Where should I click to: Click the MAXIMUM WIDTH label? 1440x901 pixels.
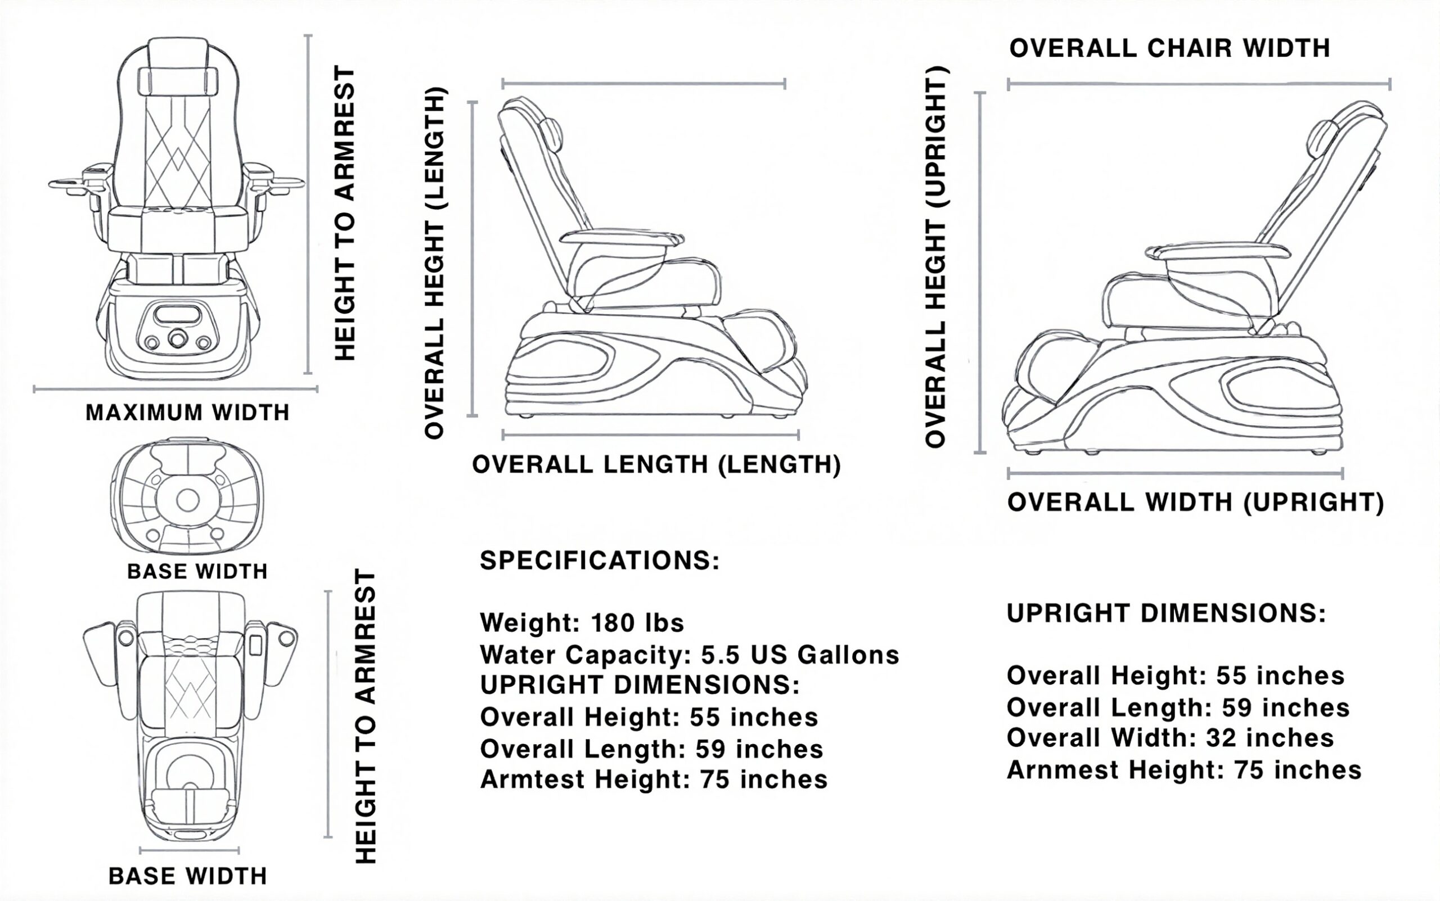coord(187,413)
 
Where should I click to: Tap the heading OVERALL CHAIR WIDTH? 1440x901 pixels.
coord(1169,48)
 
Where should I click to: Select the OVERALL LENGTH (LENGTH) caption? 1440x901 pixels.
coord(656,464)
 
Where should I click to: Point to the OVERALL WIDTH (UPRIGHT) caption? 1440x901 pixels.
coord(1195,502)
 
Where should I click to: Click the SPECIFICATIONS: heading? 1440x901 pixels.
coord(600,561)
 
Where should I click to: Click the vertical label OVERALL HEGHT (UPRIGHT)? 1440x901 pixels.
coord(935,256)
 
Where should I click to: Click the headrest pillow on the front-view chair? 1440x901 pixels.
coord(177,80)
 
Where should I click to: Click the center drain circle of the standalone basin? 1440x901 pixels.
coord(188,501)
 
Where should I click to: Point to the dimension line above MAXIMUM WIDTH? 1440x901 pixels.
coord(175,390)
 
